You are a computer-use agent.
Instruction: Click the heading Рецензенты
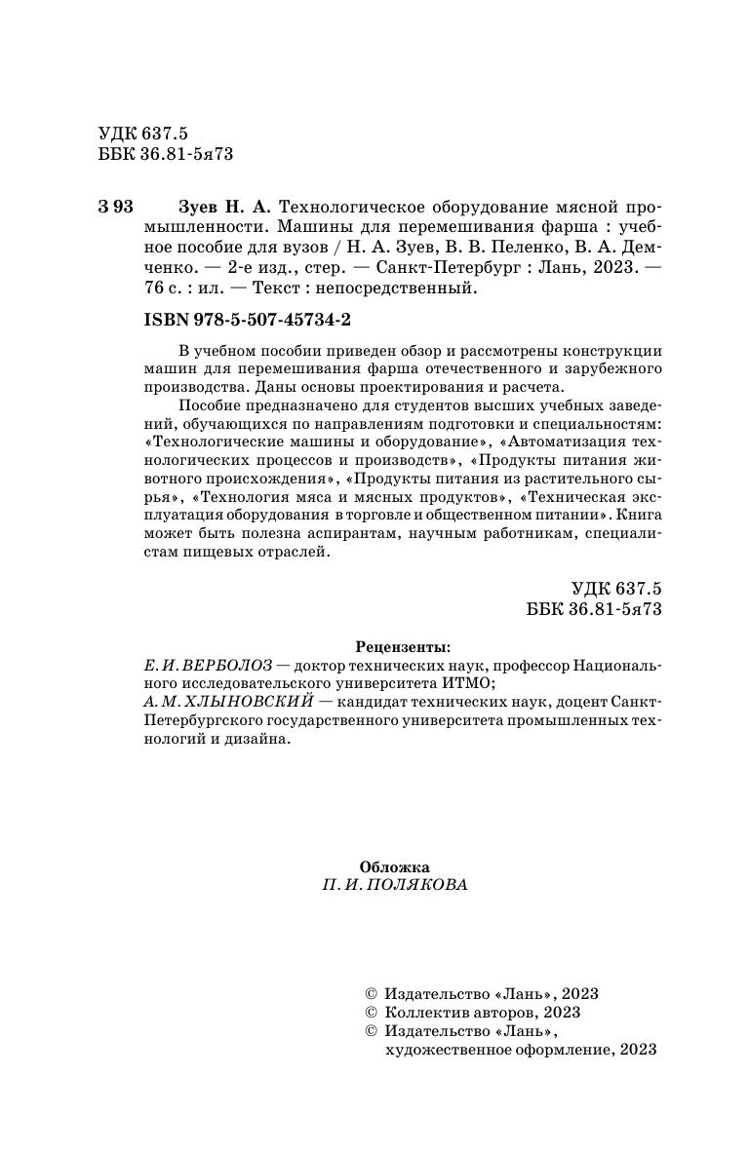(403, 645)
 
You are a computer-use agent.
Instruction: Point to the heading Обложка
(394, 866)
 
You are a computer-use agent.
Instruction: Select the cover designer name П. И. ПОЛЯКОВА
(394, 886)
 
